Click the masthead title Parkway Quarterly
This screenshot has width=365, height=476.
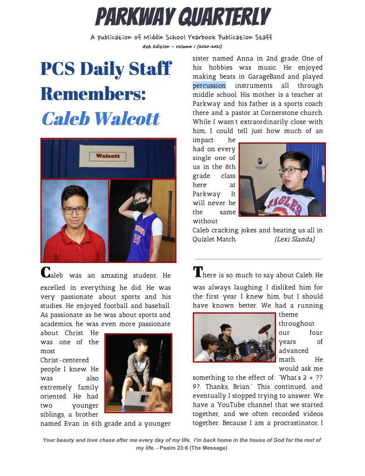coord(182,18)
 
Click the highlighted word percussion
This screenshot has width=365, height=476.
coord(209,86)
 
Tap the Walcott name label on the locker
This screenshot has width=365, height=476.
coord(108,156)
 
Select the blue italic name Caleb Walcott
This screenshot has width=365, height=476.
coord(101,118)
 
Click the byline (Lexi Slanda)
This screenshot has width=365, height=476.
coord(294,239)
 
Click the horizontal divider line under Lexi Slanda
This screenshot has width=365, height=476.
coord(258,259)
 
